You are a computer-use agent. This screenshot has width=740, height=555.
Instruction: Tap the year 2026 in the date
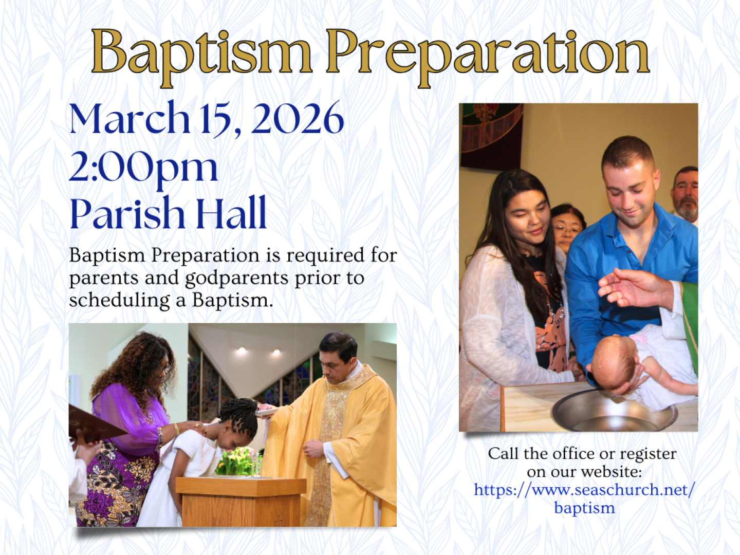point(298,118)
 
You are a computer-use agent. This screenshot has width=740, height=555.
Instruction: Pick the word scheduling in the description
point(119,301)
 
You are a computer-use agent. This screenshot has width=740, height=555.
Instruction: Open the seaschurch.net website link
point(585,498)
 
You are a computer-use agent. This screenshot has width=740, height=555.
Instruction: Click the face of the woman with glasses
point(566,229)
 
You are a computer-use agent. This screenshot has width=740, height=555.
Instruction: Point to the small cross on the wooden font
point(279,520)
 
